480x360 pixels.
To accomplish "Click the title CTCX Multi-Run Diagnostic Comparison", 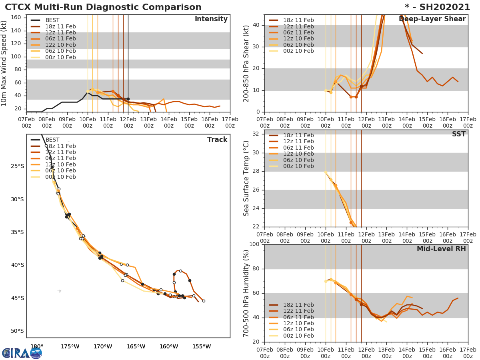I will [103, 7].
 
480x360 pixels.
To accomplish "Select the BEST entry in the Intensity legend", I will [52, 20].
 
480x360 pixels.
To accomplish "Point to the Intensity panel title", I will [211, 19].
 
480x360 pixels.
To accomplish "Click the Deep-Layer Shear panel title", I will [432, 19].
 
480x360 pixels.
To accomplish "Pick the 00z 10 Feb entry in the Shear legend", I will [298, 51].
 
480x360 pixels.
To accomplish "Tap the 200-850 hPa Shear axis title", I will [246, 63].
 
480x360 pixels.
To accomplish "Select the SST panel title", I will [458, 134].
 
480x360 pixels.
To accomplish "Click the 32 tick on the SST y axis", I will [256, 134].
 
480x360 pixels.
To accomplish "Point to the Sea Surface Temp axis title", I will [246, 178].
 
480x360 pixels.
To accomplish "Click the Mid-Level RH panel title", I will [441, 249].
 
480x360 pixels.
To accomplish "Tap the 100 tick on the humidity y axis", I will [254, 244].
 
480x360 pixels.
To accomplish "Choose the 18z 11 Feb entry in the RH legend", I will [298, 305].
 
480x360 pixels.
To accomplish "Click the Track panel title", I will [217, 140].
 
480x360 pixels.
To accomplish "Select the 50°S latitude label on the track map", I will [17, 331].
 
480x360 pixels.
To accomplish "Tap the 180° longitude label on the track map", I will [37, 346].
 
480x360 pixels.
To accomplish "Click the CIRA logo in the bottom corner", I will [22, 353].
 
